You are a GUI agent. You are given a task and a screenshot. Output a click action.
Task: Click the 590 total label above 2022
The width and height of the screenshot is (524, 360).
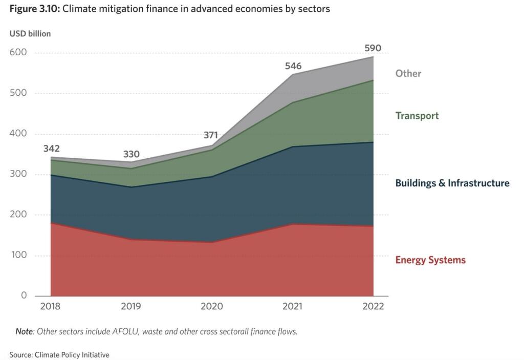(x=373, y=49)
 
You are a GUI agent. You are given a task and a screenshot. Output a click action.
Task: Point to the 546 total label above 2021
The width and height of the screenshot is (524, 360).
(x=293, y=66)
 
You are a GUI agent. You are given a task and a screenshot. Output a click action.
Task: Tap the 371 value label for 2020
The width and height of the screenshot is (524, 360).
(x=211, y=136)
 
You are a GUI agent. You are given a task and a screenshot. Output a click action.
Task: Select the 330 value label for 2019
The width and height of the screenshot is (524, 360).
(x=131, y=155)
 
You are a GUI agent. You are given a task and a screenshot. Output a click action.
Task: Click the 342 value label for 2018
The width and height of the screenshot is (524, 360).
(x=51, y=149)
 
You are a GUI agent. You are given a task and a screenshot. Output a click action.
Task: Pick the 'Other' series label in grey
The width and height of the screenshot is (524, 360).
(x=408, y=74)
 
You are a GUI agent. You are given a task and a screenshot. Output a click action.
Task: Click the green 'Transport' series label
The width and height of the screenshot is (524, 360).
(x=417, y=116)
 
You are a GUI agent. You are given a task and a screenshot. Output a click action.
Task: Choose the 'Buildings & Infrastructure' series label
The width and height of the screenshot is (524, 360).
(x=452, y=183)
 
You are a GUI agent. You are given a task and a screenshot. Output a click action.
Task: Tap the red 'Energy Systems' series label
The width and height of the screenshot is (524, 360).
(x=430, y=260)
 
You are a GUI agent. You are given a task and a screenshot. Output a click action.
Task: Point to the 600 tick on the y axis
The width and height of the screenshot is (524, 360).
(x=17, y=52)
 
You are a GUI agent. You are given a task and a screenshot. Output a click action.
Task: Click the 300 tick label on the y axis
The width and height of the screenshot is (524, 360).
(x=18, y=174)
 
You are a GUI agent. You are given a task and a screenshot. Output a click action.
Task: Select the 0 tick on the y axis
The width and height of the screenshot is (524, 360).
(x=24, y=295)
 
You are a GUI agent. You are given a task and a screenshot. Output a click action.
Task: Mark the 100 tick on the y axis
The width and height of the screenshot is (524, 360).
(x=18, y=255)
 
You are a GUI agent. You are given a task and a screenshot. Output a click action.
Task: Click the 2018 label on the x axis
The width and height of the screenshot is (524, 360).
(x=50, y=307)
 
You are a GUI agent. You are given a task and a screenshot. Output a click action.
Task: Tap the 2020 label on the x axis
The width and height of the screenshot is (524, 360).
(x=211, y=307)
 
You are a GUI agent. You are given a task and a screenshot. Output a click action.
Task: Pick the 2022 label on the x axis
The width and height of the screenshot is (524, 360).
(x=373, y=307)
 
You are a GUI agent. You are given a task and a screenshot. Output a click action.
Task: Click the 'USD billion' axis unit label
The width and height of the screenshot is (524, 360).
(x=30, y=34)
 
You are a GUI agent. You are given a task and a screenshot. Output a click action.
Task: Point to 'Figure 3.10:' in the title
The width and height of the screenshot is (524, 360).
(x=34, y=9)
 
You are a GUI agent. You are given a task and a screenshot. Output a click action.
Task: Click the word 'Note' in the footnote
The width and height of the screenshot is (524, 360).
(x=24, y=331)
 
